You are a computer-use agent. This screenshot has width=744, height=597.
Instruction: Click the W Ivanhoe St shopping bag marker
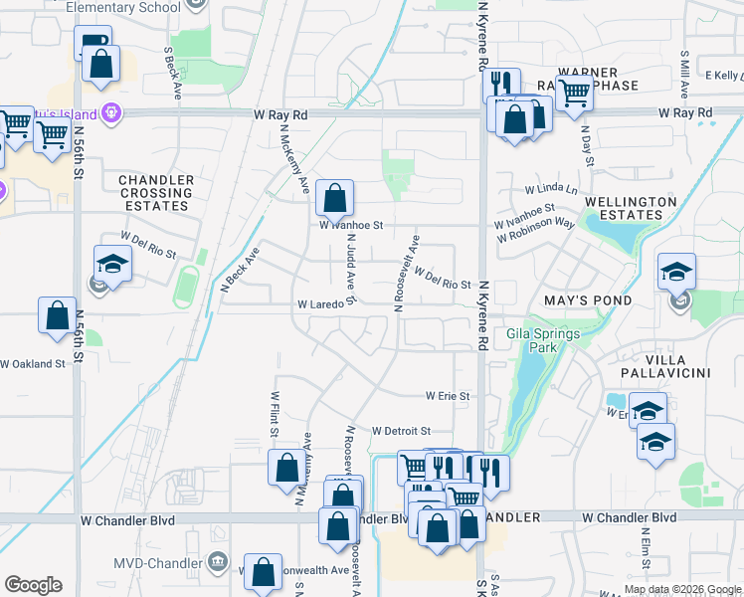tap(335, 200)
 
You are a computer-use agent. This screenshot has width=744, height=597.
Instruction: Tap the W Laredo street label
tap(320, 303)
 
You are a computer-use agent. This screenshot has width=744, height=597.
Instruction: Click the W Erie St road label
tap(447, 396)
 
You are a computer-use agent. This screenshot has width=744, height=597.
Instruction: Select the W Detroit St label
tap(401, 431)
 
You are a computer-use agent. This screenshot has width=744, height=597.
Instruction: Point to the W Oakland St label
tap(33, 364)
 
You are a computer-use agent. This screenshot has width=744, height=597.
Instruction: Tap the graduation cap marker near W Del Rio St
tap(113, 265)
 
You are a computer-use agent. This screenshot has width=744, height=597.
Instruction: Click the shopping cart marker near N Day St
tap(574, 94)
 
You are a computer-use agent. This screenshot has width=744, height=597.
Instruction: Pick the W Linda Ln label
tap(551, 189)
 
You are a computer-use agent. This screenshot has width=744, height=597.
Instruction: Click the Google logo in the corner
tap(33, 585)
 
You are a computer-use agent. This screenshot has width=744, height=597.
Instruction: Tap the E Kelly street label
tap(723, 75)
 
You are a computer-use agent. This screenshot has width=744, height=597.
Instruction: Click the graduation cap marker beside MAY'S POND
tap(676, 273)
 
